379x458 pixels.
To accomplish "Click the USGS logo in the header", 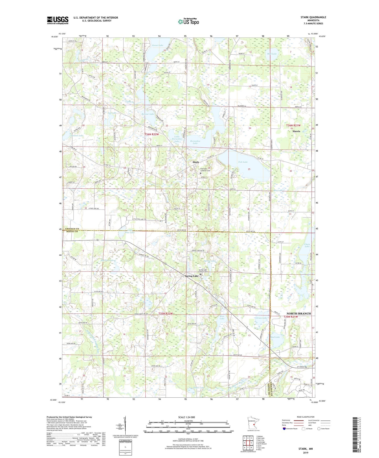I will tap(57, 20).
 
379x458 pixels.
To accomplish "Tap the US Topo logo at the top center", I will tap(188, 22).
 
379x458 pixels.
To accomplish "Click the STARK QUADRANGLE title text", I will tap(313, 17).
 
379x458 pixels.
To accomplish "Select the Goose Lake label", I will tap(157, 45).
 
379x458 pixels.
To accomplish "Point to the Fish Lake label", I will tap(243, 162).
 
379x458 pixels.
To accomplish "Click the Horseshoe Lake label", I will tap(195, 142).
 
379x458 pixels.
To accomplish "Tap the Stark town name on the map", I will tap(196, 162).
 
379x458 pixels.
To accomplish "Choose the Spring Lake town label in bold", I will tap(191, 276).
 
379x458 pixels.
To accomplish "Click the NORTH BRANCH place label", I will tap(298, 313).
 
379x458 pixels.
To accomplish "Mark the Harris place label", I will tap(296, 131).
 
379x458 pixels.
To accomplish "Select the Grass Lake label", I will tap(261, 318).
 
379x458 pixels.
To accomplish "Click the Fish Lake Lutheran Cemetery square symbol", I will tap(201, 173).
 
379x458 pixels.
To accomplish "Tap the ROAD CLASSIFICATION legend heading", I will tap(306, 417).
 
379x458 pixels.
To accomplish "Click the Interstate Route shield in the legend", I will tap(284, 429).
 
